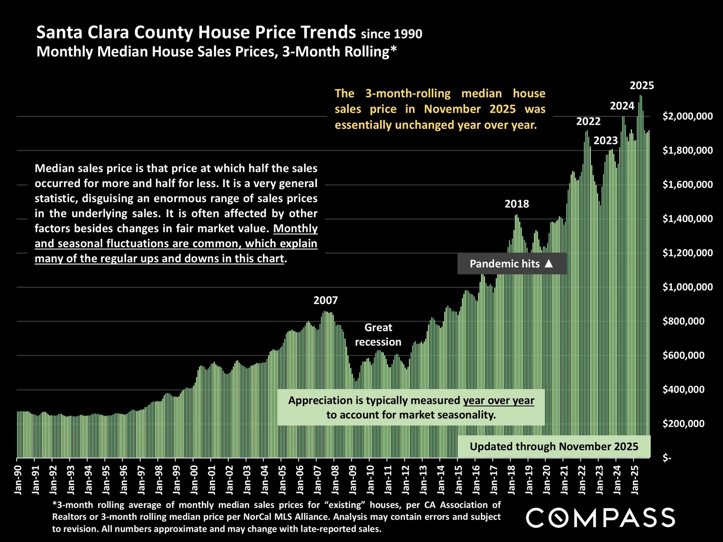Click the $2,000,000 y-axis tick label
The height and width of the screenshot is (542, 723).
(687, 116)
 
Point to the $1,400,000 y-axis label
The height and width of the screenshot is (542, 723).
(687, 219)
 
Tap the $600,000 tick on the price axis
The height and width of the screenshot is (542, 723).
(683, 355)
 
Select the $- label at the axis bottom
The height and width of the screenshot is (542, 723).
(667, 458)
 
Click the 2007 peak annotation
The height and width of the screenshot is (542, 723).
(326, 300)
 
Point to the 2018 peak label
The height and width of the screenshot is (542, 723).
(517, 204)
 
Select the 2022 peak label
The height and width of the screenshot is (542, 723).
(588, 122)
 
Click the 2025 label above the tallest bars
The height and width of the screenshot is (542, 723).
(642, 86)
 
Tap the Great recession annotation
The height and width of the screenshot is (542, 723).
(378, 335)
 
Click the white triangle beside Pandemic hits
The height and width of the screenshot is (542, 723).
(549, 263)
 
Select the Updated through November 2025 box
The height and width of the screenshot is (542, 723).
(554, 446)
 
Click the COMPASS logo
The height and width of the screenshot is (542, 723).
(600, 518)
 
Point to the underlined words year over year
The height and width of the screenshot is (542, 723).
(499, 400)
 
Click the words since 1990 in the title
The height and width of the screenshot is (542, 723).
(392, 34)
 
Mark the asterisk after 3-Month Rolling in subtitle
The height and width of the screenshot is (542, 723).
(394, 49)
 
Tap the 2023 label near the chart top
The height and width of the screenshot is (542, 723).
(606, 141)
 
